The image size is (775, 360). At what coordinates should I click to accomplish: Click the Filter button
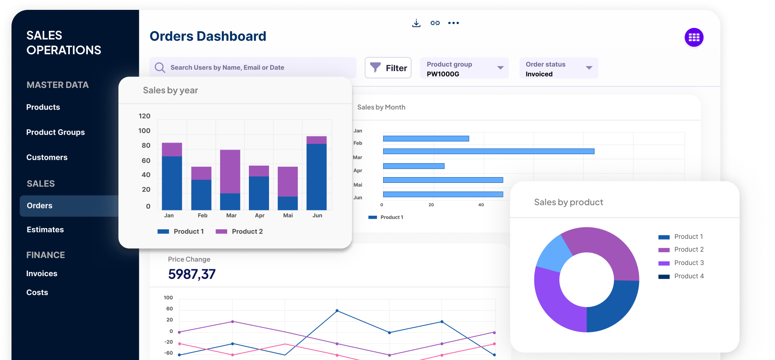coord(388,68)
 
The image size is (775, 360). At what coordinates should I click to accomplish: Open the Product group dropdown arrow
coord(500,68)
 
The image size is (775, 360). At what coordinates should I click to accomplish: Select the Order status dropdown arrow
coord(589,68)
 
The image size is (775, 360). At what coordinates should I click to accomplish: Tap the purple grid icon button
coord(694,37)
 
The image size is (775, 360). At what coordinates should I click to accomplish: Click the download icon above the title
coord(416,23)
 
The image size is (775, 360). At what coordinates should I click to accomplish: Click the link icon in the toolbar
coord(435,23)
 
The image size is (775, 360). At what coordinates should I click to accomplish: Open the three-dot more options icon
coord(453,23)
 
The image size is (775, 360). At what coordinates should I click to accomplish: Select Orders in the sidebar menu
coord(39,205)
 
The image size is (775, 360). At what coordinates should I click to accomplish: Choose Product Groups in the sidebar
coord(55,132)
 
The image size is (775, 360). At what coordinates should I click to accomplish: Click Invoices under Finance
coord(42,274)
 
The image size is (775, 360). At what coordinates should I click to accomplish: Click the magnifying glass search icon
coord(160,67)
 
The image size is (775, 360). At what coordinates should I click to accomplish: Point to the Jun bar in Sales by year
coord(317,173)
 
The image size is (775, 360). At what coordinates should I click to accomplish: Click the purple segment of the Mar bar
coord(230,171)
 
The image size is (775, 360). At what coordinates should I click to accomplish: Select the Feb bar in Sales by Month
coord(489,151)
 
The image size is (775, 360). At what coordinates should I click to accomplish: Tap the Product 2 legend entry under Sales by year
coord(239,231)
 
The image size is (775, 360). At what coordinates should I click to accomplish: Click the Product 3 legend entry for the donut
coord(681,263)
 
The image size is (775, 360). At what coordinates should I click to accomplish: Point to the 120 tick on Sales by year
coord(145,116)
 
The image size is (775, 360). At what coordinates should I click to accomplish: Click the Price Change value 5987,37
coord(192,274)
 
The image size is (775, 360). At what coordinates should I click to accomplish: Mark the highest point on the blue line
coord(337,311)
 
